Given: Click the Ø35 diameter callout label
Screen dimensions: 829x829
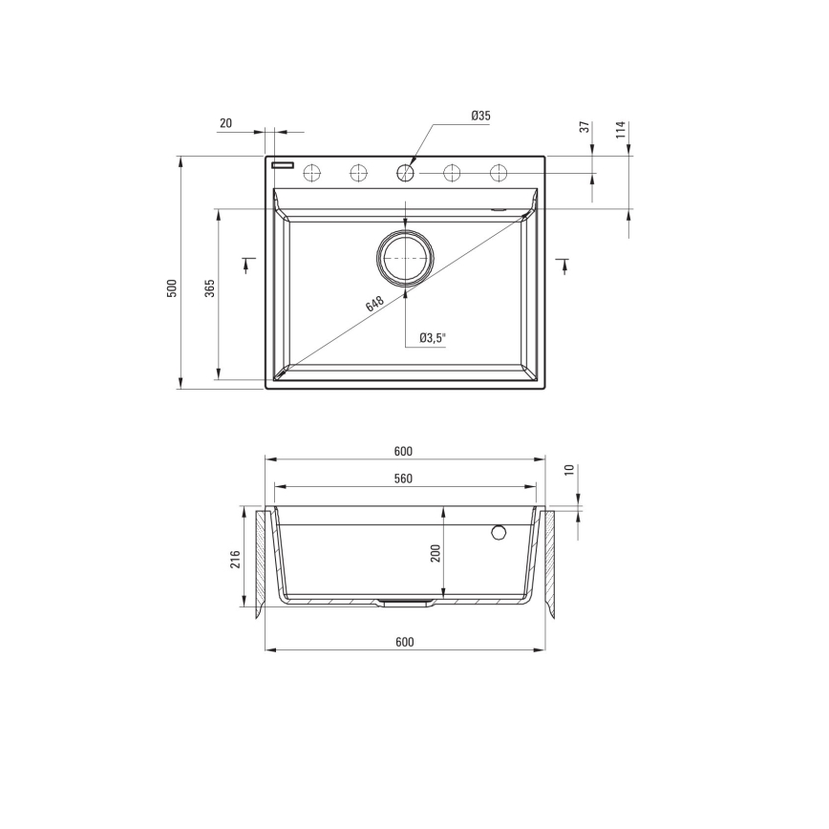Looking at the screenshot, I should coord(480,116).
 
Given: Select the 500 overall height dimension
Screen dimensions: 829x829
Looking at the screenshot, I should coord(172,287).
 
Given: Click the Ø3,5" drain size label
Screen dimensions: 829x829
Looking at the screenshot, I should coord(433,337).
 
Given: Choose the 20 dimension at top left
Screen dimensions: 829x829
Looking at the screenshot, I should coord(225,122).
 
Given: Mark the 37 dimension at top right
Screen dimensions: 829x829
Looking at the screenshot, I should coord(583,128).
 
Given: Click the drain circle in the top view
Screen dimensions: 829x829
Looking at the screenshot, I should coord(405,257).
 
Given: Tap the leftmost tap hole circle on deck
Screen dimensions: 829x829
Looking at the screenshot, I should coord(311,173).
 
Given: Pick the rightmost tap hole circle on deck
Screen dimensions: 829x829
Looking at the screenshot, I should coord(498,173).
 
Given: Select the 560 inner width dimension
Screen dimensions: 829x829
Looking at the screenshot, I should coord(403,479).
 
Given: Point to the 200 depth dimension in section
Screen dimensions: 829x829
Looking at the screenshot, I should coord(436,553).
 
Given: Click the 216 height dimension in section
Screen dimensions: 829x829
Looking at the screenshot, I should coord(235,560).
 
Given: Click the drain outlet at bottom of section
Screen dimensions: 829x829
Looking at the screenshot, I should coord(406,603).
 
